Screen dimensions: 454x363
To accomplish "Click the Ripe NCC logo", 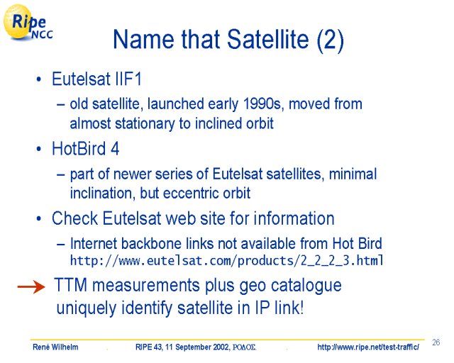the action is coord(28,23).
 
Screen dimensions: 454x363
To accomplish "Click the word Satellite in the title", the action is coord(268,39).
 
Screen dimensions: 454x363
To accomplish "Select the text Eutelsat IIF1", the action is coord(96,79).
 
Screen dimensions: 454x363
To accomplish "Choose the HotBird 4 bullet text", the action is coord(85,149).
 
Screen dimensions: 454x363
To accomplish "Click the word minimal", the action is coord(353,174).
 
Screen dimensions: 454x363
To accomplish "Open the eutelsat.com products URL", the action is coord(227,260).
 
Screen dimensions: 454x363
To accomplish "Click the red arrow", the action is coord(31,287).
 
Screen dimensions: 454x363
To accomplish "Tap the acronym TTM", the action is coord(71,285).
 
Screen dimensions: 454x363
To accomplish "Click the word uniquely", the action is coord(86,308).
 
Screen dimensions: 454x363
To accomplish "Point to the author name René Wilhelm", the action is coord(55,347).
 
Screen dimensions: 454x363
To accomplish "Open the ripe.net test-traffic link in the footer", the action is coord(367,347).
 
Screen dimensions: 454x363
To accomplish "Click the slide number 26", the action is coord(436,342).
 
